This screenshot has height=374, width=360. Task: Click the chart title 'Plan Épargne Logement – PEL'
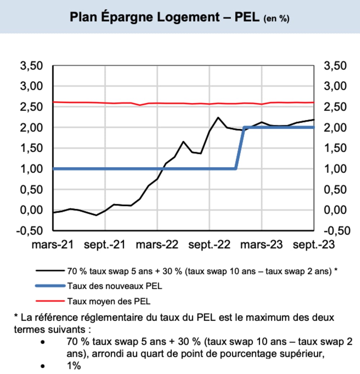pyautogui.click(x=165, y=17)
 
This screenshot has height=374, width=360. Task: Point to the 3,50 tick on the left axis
pyautogui.click(x=33, y=66)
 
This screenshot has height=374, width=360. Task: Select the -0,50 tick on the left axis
pyautogui.click(x=31, y=231)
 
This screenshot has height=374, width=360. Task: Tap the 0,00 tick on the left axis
pyautogui.click(x=33, y=210)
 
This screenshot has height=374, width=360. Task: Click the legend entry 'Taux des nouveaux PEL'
pyautogui.click(x=114, y=286)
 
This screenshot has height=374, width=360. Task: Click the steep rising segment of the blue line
pyautogui.click(x=240, y=148)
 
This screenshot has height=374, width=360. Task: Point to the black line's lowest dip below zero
pyautogui.click(x=96, y=215)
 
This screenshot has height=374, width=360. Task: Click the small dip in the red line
pyautogui.click(x=140, y=105)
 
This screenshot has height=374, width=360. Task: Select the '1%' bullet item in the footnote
pyautogui.click(x=73, y=366)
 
